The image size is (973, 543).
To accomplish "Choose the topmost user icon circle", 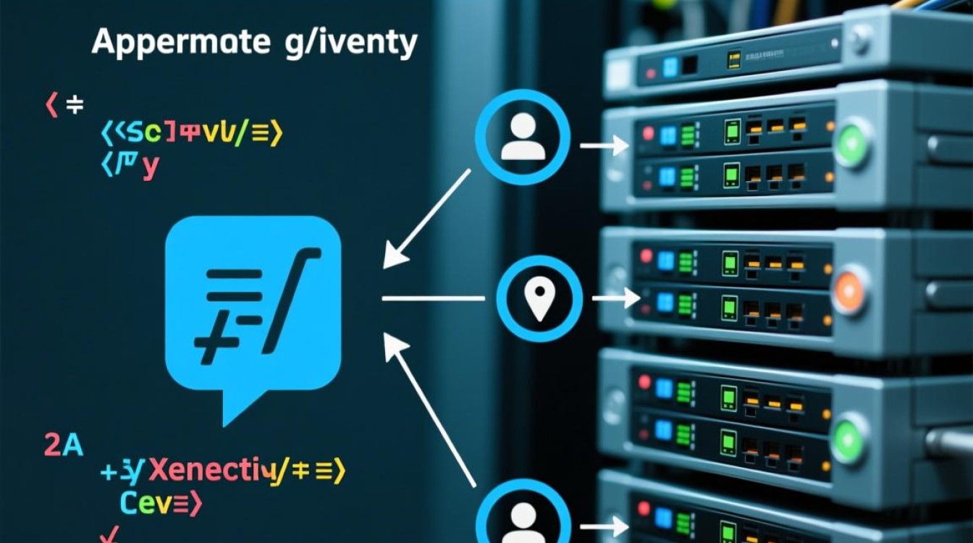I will (x=523, y=137).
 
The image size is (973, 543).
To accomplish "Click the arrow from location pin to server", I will (x=615, y=298).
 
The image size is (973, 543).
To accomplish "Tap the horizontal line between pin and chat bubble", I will (x=433, y=298).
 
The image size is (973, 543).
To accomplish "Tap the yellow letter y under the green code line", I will (x=151, y=166).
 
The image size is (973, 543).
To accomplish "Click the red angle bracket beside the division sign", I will (x=51, y=106).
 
